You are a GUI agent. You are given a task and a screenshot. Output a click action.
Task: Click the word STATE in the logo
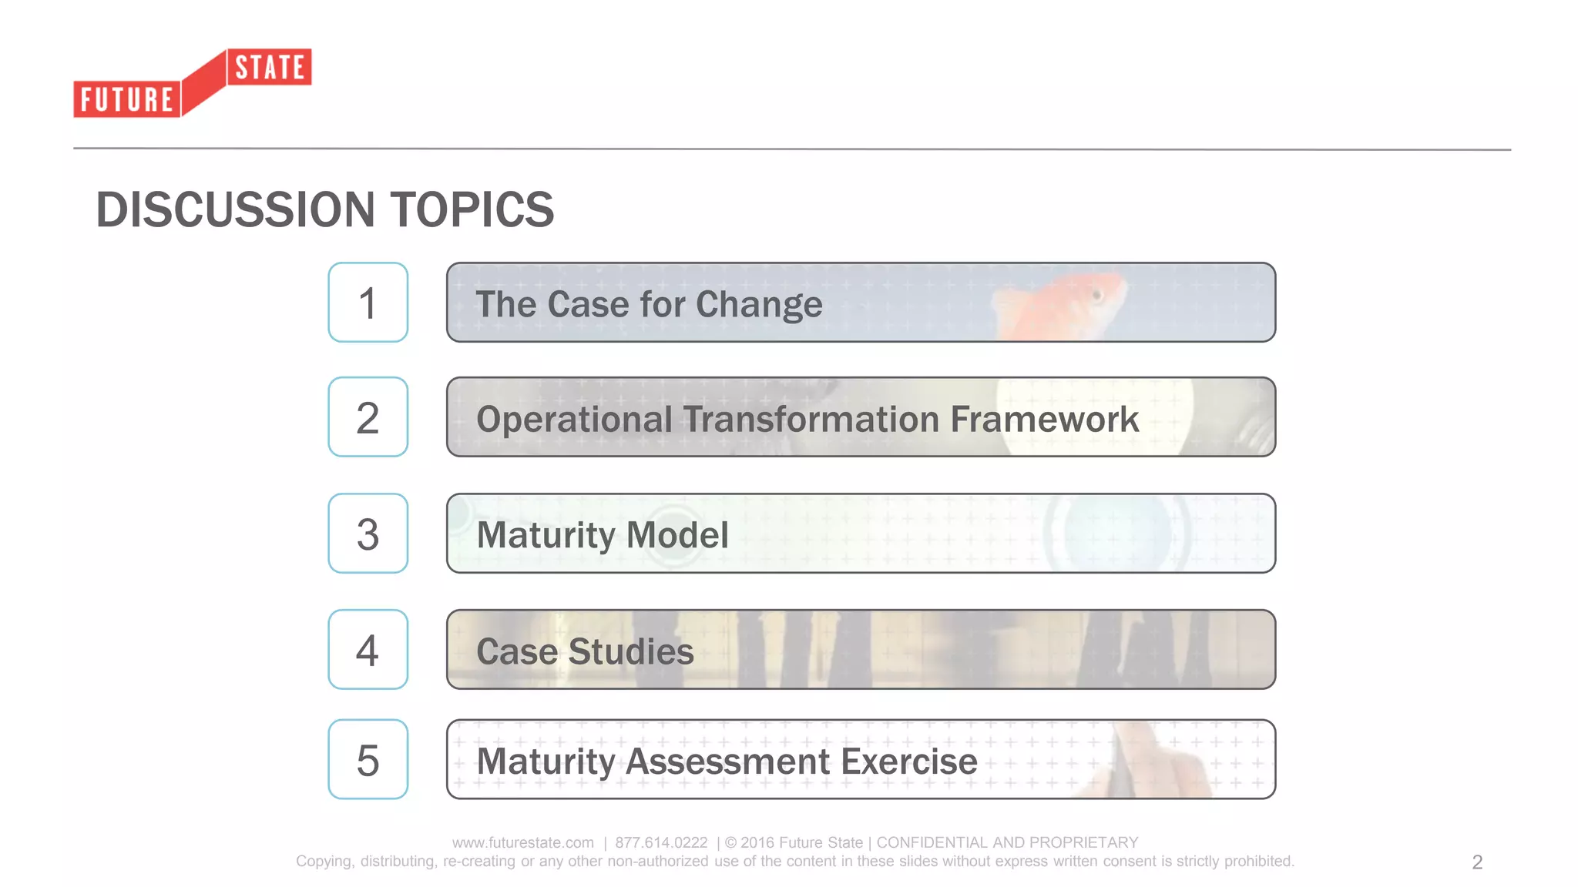click(270, 68)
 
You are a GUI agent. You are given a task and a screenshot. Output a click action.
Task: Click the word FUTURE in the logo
click(127, 100)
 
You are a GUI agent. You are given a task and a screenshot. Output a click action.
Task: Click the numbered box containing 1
click(368, 303)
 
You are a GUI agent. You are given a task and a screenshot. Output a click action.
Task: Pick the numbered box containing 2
click(368, 417)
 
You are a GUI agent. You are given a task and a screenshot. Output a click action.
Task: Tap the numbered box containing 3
click(368, 534)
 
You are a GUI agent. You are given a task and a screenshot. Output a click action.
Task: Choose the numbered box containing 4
click(368, 650)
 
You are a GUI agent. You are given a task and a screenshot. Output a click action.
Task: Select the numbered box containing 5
click(368, 760)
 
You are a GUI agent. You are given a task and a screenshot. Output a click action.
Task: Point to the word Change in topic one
click(759, 305)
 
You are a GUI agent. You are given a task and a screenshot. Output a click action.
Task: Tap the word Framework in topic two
click(1044, 420)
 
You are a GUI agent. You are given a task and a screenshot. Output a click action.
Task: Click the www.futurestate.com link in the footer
click(523, 842)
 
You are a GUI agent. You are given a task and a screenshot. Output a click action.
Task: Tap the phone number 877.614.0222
click(661, 842)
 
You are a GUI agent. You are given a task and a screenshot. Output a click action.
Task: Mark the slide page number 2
click(1477, 862)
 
